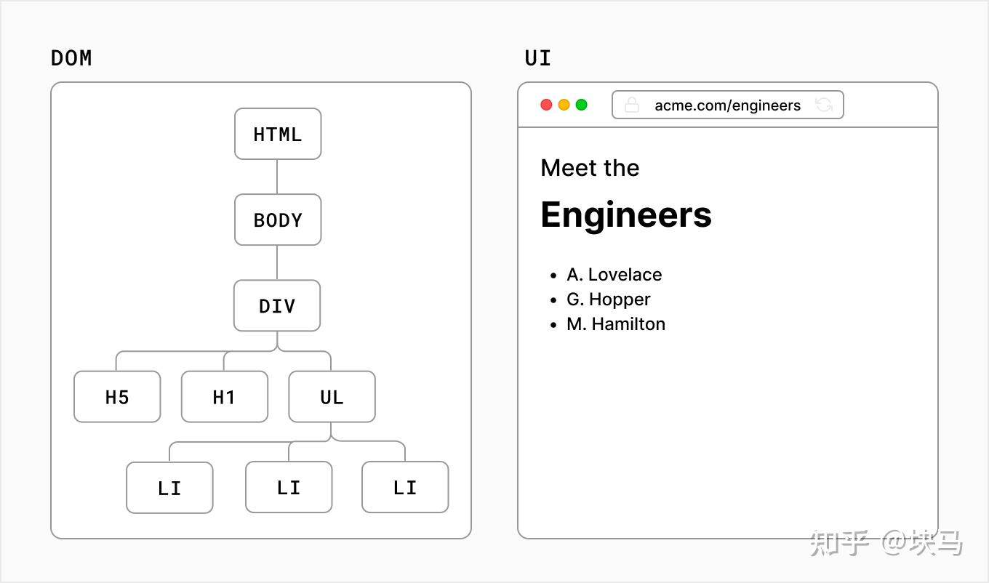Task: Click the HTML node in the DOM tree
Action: point(277,134)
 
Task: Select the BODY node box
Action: point(277,220)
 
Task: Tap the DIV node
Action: point(276,305)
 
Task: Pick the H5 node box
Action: point(117,397)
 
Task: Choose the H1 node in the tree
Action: point(224,397)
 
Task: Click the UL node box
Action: point(332,397)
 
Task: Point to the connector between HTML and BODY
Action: point(277,177)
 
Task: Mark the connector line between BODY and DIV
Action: point(277,262)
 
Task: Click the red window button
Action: point(546,105)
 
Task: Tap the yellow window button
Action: point(564,105)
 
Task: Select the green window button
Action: point(581,105)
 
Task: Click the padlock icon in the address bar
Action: point(632,105)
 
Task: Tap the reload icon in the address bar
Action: point(823,105)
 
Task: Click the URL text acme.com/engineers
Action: point(727,105)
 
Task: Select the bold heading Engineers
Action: point(625,214)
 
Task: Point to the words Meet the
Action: point(590,168)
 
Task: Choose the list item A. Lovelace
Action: point(614,275)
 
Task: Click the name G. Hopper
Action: point(608,299)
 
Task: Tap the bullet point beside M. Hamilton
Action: point(553,325)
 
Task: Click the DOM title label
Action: point(71,58)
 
